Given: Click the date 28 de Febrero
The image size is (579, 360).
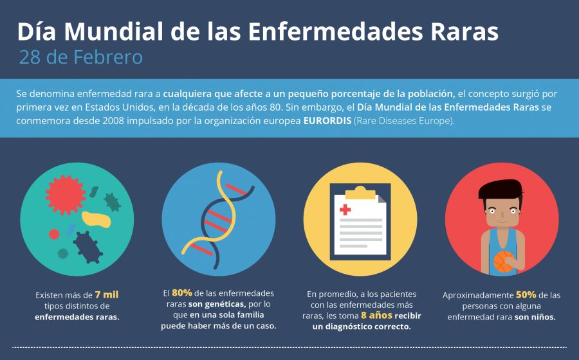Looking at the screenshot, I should (x=80, y=57).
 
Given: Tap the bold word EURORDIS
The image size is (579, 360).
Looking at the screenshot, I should (x=327, y=120).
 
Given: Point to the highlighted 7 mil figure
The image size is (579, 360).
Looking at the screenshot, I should (x=106, y=294).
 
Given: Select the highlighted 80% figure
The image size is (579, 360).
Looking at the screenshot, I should (x=183, y=293).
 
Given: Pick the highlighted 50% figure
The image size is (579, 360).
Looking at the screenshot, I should (x=526, y=294).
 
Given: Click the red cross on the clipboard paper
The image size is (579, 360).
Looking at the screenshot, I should (x=346, y=210).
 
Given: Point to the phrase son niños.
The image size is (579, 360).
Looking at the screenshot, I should (x=535, y=318).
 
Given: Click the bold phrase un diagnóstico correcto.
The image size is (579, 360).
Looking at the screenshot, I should (x=362, y=327).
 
